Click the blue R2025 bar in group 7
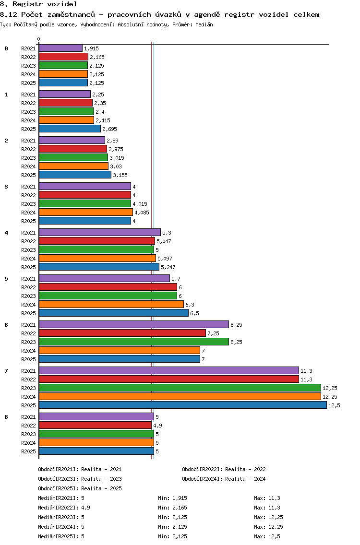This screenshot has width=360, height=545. click(183, 405)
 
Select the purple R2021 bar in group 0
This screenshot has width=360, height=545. click(60, 48)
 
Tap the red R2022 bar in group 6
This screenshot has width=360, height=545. click(122, 333)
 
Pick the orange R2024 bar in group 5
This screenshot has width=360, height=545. click(111, 304)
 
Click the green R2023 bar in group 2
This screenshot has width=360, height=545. click(73, 157)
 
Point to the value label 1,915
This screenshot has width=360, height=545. click(92, 48)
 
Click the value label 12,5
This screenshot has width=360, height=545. click(334, 405)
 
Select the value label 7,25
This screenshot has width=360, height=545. click(214, 334)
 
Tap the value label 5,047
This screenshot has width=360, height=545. click(164, 242)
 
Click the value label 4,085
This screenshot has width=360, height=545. click(142, 213)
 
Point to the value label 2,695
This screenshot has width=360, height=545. click(109, 130)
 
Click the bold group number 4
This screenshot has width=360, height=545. click(6, 233)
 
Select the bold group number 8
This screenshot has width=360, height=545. click(6, 417)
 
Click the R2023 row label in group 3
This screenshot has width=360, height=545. click(28, 204)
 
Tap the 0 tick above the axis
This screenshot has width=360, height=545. click(38, 39)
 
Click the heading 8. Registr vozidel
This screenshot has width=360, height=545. click(38, 4)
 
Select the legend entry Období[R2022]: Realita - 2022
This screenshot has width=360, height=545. click(224, 469)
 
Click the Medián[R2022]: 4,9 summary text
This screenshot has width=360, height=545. click(64, 508)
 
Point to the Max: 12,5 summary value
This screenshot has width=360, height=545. click(267, 537)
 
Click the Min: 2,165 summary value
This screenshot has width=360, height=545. click(172, 508)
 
